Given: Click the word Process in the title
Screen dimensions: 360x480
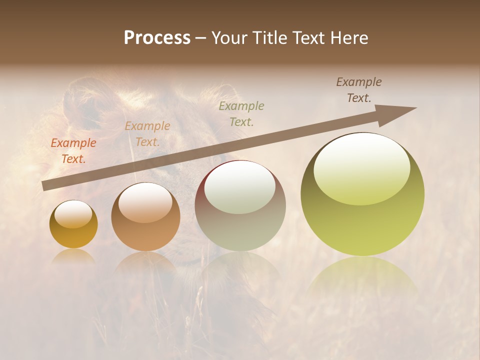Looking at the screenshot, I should (157, 38).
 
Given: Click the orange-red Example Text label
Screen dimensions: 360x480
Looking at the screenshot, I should (73, 151).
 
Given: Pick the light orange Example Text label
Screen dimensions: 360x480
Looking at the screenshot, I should (147, 134).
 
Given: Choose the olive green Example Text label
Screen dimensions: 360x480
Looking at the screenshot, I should (241, 114).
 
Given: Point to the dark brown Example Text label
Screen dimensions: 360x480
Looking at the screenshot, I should (359, 90).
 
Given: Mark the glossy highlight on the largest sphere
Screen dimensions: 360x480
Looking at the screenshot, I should (361, 167).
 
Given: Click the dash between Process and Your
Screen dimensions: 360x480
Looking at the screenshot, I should (201, 38).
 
